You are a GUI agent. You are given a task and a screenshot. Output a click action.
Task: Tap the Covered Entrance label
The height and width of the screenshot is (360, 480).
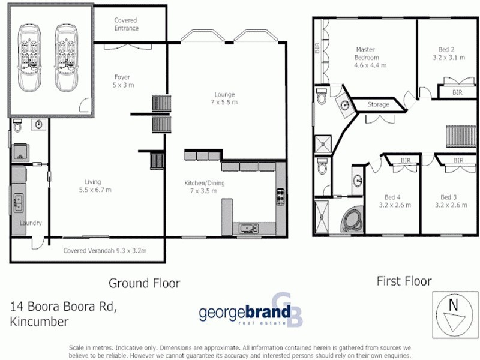pyautogui.click(x=126, y=24)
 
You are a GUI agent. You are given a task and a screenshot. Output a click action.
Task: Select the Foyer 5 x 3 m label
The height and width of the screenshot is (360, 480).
pyautogui.click(x=122, y=81)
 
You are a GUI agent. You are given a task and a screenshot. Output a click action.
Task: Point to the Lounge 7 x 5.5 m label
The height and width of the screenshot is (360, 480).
pyautogui.click(x=225, y=98)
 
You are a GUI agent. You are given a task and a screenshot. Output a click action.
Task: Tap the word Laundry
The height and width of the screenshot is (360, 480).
pyautogui.click(x=30, y=223)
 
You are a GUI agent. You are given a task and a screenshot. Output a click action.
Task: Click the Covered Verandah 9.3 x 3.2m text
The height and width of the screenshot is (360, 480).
pyautogui.click(x=105, y=251)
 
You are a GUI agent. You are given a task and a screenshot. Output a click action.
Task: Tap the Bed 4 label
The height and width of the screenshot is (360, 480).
pyautogui.click(x=394, y=201)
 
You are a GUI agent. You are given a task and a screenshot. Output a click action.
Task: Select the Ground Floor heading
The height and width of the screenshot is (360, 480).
pyautogui.click(x=144, y=283)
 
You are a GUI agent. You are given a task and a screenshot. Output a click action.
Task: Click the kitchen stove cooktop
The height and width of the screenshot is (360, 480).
pyautogui.click(x=280, y=197)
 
